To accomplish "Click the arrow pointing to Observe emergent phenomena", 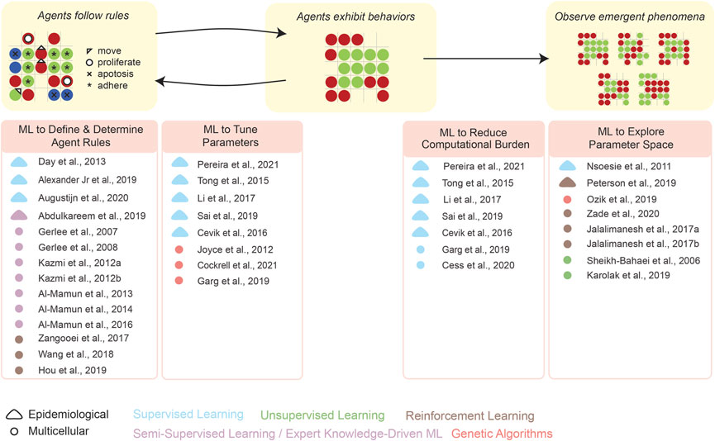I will tap(486, 59).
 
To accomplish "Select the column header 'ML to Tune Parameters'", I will tap(215, 135).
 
